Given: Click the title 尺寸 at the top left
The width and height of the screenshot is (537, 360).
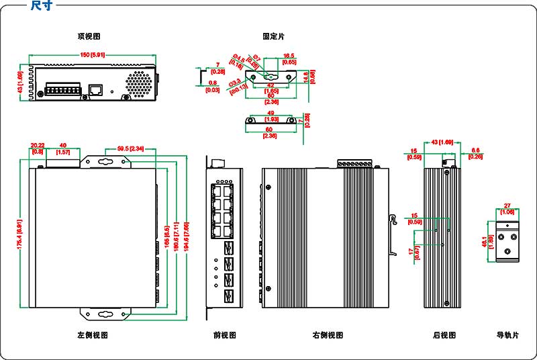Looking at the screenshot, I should [42, 6].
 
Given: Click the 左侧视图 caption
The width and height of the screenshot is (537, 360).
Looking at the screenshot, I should [93, 334].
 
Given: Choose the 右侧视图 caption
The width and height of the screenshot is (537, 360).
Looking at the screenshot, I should [328, 334].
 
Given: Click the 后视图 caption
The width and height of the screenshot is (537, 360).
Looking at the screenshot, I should [444, 334].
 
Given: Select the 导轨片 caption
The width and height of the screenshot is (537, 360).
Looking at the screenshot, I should [507, 334].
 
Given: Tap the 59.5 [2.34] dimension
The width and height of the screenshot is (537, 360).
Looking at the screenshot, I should [130, 148].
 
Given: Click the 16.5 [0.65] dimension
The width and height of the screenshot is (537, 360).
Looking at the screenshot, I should [289, 59].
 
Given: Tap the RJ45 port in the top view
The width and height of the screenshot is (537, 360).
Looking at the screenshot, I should [96, 89].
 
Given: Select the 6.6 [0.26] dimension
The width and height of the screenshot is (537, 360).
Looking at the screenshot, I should [475, 153].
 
